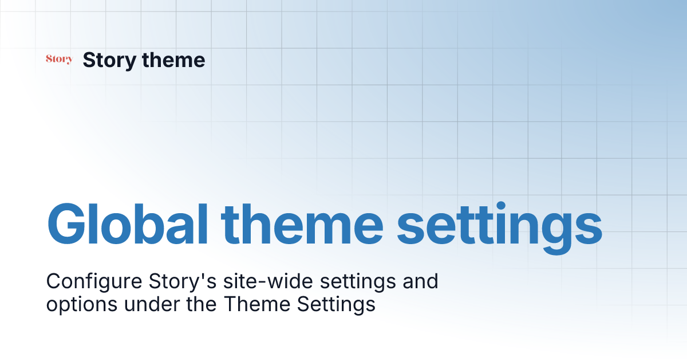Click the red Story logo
pos(59,59)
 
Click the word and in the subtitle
pos(420,281)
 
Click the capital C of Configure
pos(53,281)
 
